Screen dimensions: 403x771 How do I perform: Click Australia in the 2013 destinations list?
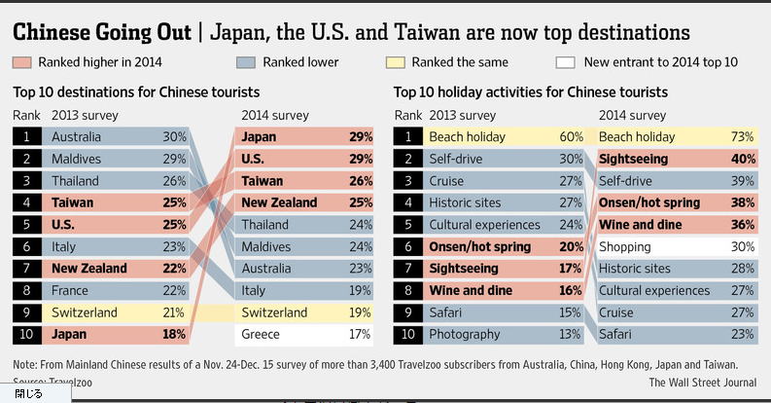(76, 137)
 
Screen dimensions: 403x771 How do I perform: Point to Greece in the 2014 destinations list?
(261, 335)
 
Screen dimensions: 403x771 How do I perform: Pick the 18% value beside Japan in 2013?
(174, 335)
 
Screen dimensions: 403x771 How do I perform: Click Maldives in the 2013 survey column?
(77, 159)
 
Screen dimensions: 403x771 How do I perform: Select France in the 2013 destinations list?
(69, 290)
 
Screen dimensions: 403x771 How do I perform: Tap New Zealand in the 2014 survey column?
(280, 202)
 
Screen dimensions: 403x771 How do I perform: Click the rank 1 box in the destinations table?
(26, 137)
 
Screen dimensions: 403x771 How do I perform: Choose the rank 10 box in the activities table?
(408, 335)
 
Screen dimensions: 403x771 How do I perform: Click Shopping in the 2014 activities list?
(625, 246)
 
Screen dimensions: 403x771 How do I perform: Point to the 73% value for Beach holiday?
(742, 137)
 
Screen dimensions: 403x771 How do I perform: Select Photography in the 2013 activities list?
(465, 335)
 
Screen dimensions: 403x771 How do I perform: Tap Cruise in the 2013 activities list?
(448, 181)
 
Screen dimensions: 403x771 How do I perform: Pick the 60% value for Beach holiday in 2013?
(571, 137)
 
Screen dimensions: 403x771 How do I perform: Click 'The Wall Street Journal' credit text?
(702, 383)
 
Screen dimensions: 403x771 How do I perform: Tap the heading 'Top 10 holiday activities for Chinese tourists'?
(530, 93)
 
